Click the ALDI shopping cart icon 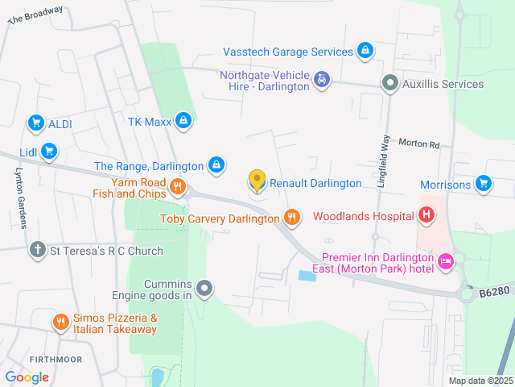tap(35, 123)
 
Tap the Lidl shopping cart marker tap(49, 151)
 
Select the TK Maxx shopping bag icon tap(184, 121)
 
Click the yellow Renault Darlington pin tap(257, 181)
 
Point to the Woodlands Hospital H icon tap(427, 215)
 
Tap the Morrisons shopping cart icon tap(483, 184)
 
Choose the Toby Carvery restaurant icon tap(292, 217)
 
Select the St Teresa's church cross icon tap(37, 250)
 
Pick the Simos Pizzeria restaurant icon tap(61, 322)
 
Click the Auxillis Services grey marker tap(390, 83)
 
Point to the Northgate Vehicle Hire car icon tap(322, 79)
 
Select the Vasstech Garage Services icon tap(365, 51)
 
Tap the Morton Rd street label tap(419, 145)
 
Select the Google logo tap(27, 377)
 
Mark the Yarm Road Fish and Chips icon tap(178, 188)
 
